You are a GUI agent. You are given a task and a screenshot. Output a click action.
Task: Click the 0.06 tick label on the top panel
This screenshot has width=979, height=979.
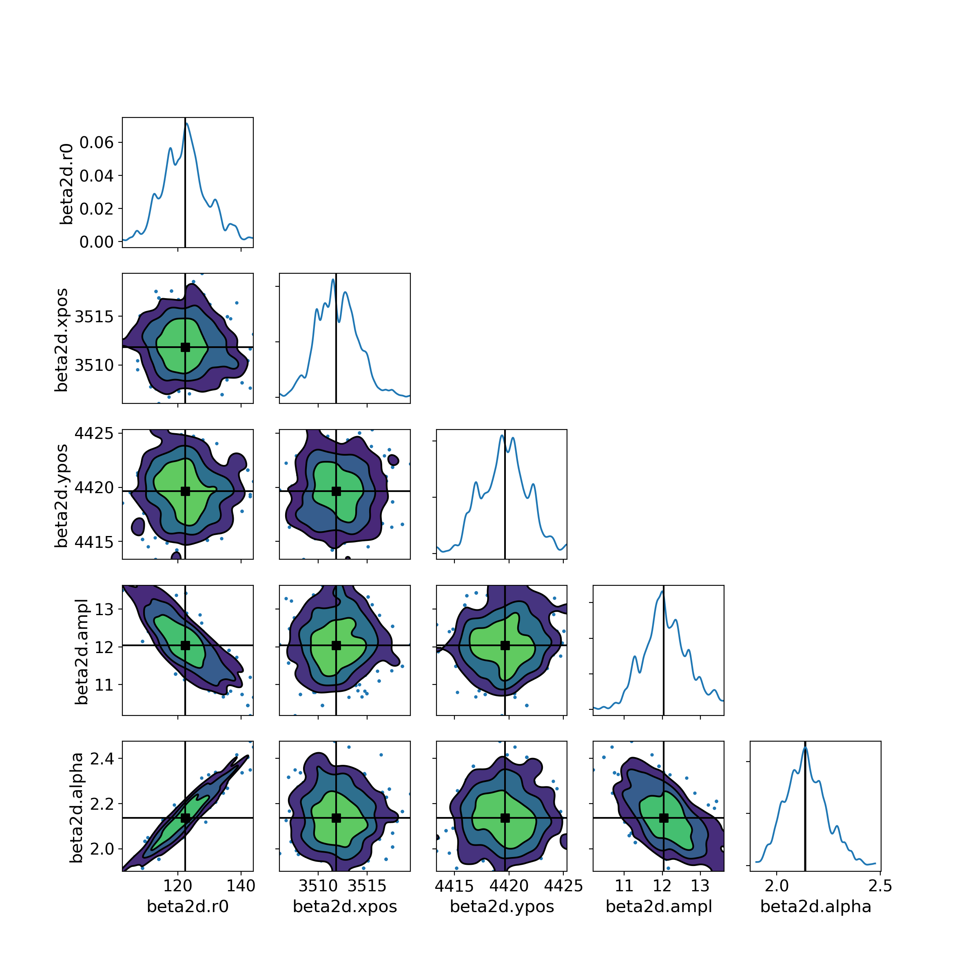coord(97,142)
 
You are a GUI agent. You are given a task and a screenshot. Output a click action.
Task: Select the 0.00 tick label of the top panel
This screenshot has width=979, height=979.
coord(97,242)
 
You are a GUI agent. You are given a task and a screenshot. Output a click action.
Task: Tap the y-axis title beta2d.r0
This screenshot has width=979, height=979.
coord(66,184)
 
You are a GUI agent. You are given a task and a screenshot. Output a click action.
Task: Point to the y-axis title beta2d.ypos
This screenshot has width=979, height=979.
coord(61,496)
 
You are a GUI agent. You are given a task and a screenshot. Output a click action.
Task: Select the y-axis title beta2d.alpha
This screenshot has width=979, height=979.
coord(76,808)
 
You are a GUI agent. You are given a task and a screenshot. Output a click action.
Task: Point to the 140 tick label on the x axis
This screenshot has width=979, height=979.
coord(241,885)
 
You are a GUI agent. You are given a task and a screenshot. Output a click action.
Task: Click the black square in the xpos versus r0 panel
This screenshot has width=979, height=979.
coord(186,347)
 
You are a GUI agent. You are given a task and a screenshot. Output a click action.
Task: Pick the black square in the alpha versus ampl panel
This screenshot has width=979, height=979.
coord(664,818)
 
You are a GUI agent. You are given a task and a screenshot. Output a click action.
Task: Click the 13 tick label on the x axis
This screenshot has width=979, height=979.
coord(700,885)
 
